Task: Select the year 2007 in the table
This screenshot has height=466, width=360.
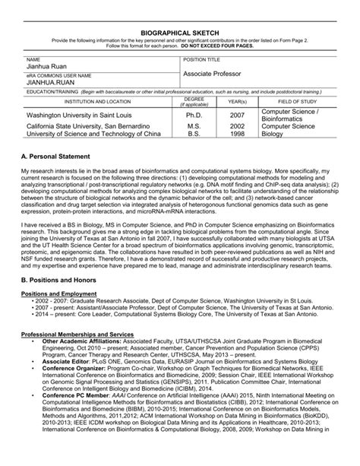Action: [237, 115]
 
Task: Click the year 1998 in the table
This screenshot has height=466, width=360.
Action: [237, 133]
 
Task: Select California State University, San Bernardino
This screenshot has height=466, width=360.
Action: [87, 125]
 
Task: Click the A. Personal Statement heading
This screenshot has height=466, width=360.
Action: [64, 156]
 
